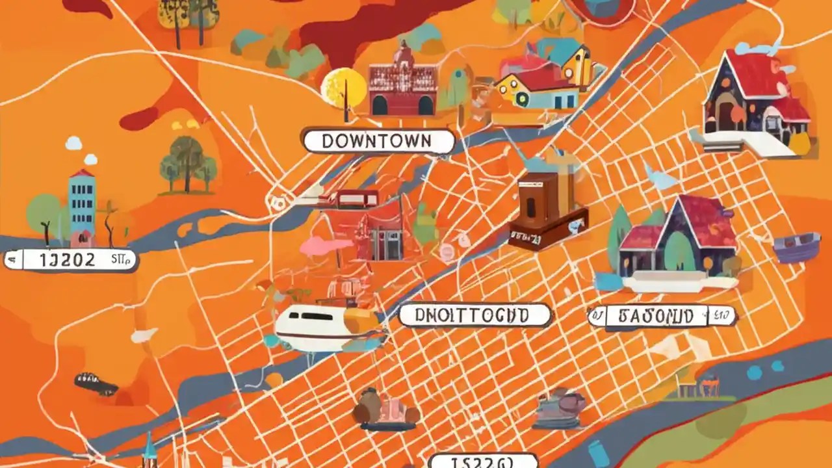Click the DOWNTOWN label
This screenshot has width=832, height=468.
[378, 141]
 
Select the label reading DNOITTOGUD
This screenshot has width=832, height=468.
[474, 315]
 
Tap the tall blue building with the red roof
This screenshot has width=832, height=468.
[82, 205]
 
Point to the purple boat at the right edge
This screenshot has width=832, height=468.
[796, 248]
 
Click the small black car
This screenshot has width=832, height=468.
[96, 384]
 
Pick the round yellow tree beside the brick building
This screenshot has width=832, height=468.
[344, 88]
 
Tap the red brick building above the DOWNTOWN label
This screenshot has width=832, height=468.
[403, 84]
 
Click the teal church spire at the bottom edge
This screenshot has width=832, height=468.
[149, 452]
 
